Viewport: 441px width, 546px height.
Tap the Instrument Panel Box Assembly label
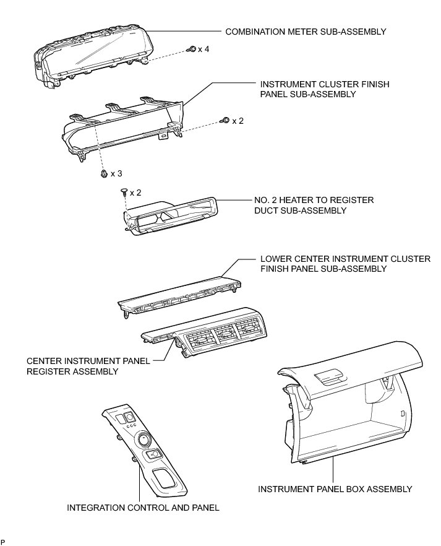pyautogui.click(x=335, y=489)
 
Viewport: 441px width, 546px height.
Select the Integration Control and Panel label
pyautogui.click(x=143, y=508)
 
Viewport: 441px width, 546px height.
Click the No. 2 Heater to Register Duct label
pyautogui.click(x=314, y=206)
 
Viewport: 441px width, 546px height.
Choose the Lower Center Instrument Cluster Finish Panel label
pyautogui.click(x=345, y=264)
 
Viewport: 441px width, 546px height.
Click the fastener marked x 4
pyautogui.click(x=192, y=48)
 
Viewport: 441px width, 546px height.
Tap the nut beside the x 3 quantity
pyautogui.click(x=102, y=174)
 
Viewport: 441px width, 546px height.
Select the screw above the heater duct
pyautogui.click(x=124, y=193)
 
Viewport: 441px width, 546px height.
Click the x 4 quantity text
pyautogui.click(x=203, y=48)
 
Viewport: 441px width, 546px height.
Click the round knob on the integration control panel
pyautogui.click(x=143, y=440)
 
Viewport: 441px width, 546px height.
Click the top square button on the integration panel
pyautogui.click(x=130, y=416)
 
